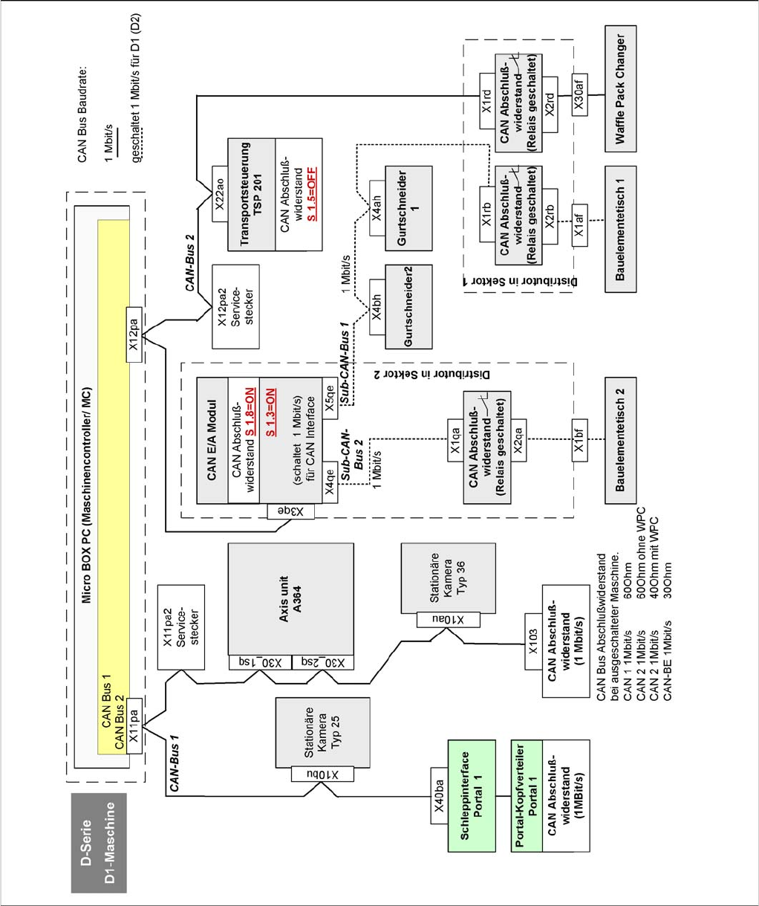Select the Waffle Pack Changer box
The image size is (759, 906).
coord(621,89)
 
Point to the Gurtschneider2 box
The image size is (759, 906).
coord(408,305)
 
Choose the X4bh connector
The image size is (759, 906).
coord(377,305)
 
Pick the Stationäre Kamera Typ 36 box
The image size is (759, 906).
coord(449,578)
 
